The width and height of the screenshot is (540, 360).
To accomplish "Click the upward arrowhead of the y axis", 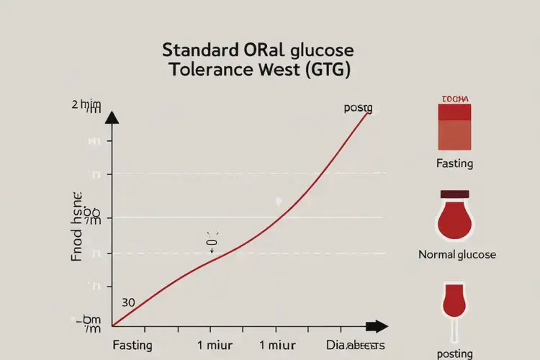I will click(x=112, y=117).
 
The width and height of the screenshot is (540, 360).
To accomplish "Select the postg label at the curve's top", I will click(x=358, y=108).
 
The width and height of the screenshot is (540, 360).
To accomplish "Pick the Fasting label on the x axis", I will click(x=132, y=345).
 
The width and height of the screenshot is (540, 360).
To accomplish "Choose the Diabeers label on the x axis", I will click(x=356, y=345).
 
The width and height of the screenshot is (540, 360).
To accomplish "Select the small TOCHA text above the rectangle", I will click(x=454, y=98).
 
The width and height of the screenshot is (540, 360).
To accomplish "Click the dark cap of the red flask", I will click(x=455, y=194).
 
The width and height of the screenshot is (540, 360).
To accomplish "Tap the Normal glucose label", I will click(x=457, y=255).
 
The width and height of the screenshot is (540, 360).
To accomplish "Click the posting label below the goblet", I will click(x=455, y=354).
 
